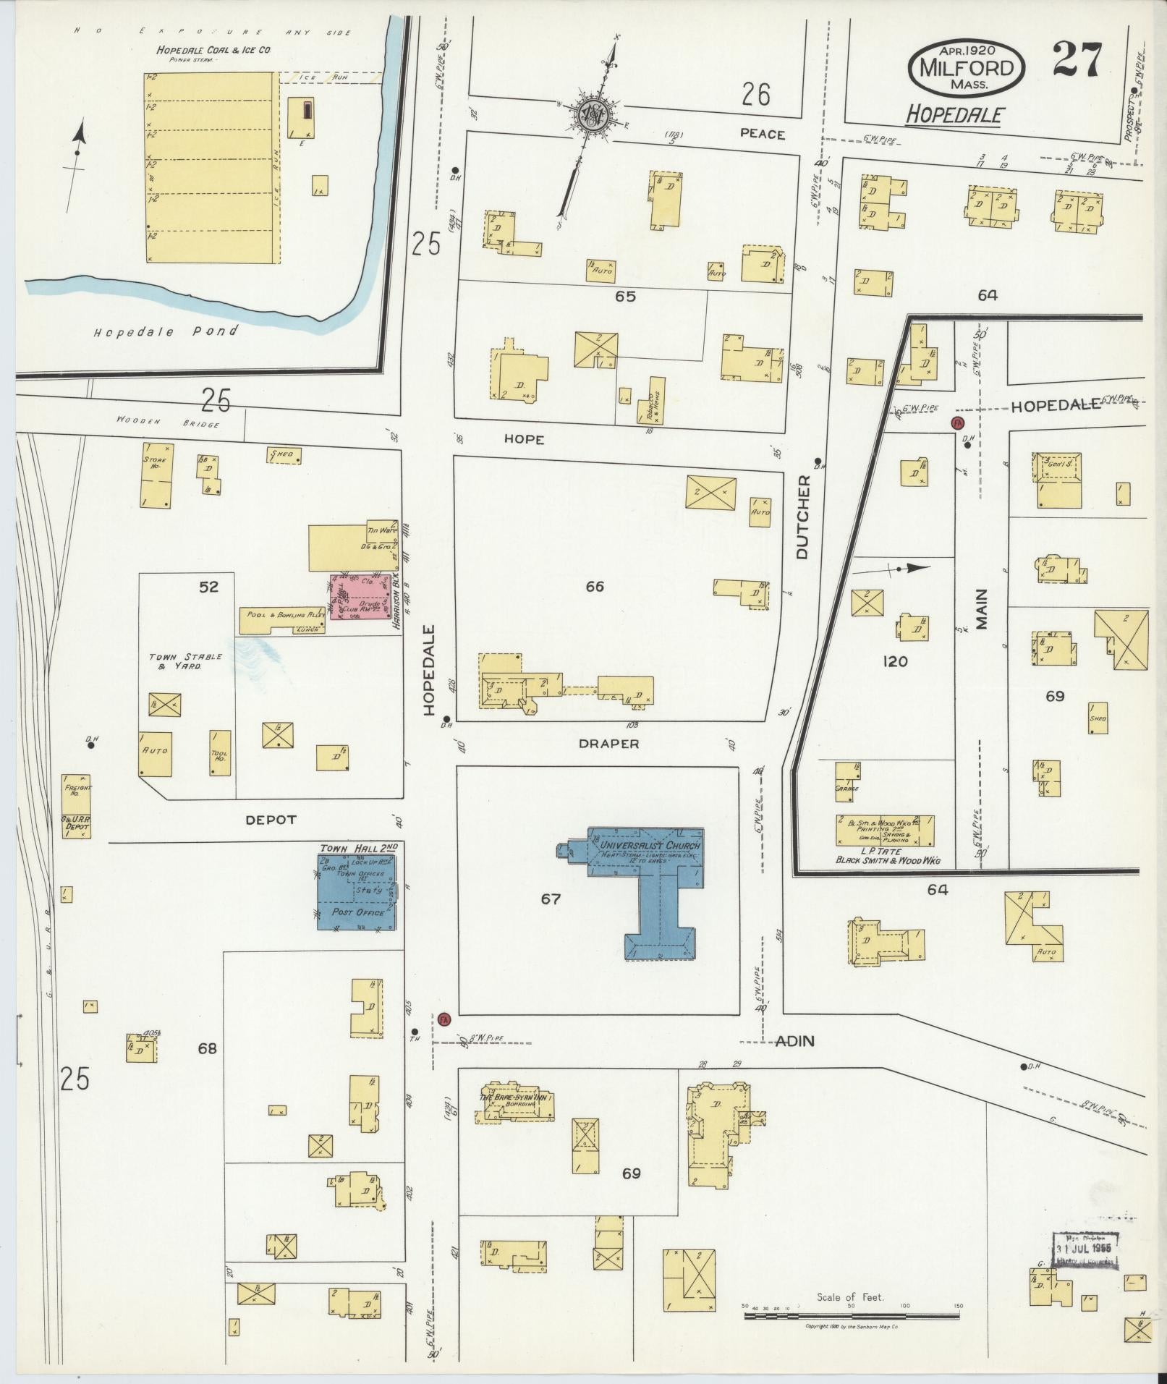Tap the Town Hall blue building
(357, 891)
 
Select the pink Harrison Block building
(360, 597)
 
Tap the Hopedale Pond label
(166, 332)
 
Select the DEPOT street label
(271, 820)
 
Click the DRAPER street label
(609, 744)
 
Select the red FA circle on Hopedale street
(444, 1019)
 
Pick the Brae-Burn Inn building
(515, 1103)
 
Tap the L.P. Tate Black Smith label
(883, 855)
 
